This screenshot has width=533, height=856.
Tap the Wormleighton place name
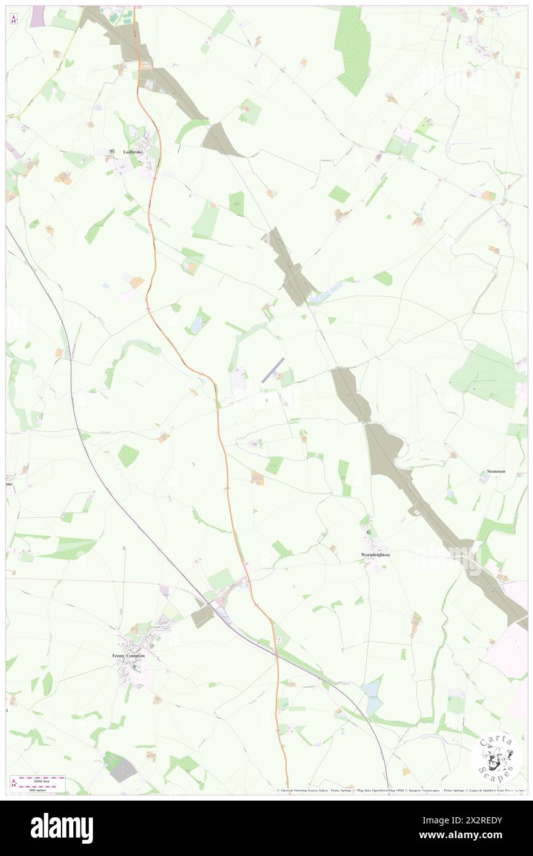pos(375,554)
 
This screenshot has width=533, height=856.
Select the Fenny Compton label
pos(129,655)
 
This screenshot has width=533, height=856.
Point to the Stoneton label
pos(495,471)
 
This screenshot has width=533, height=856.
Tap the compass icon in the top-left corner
pos(14,19)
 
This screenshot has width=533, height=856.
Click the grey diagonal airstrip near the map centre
pos(273,370)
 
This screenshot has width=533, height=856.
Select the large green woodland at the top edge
pos(352,49)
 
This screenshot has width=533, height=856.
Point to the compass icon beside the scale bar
pos(14,783)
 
